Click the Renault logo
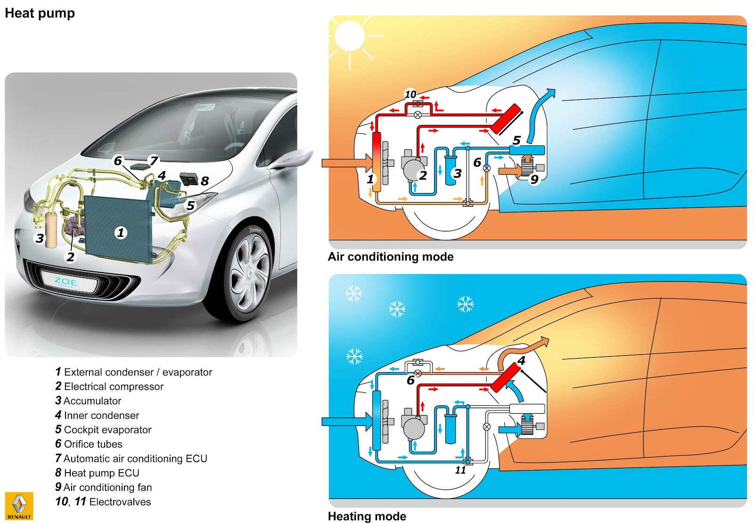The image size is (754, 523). pos(19,506)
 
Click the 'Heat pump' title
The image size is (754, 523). pos(40,13)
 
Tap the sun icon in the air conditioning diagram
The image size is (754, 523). pos(350,36)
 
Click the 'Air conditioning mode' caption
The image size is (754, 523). pos(390,257)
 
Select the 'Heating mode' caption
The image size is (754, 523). pos(367,516)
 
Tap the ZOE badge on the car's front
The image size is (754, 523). pos(66,282)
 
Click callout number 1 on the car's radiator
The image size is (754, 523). pos(121,232)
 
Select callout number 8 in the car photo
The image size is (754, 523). pos(205,181)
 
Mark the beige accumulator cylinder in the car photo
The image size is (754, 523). pos(51,230)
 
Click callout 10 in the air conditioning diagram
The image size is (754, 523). pos(410,94)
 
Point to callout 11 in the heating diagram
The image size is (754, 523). pos(460,470)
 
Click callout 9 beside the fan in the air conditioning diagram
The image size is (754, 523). pos(534,179)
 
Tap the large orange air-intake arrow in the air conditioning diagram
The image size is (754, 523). pos(346,163)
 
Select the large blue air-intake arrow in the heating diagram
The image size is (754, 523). pos(346,421)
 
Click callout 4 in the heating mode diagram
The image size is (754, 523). pos(521,360)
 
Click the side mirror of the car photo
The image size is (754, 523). pos(292,158)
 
